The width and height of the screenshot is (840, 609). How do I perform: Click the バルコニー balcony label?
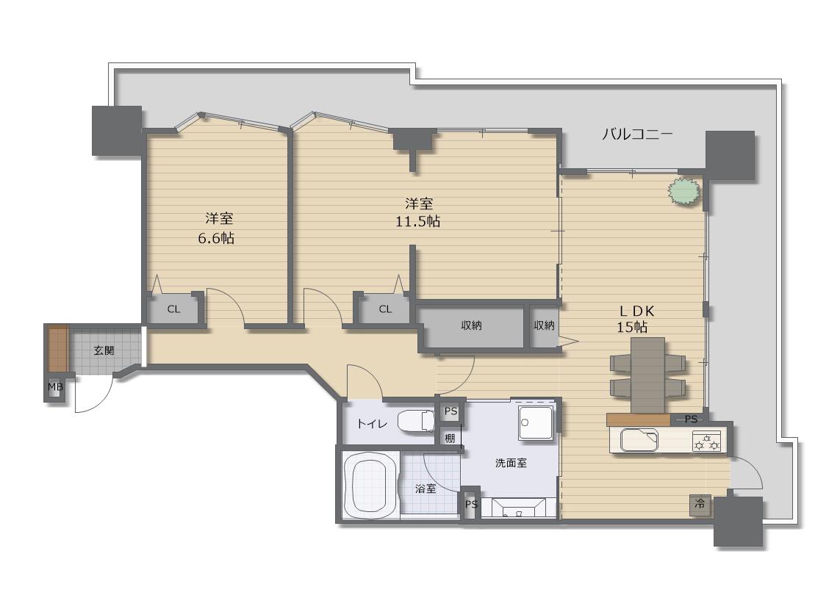click(637, 134)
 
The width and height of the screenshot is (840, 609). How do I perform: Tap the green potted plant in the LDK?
click(683, 191)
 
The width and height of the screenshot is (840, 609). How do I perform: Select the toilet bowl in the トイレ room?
click(416, 421)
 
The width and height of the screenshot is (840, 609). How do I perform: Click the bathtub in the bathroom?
click(370, 486)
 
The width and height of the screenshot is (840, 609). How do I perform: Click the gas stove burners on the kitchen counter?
click(706, 442)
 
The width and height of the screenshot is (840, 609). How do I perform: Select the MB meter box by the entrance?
click(55, 387)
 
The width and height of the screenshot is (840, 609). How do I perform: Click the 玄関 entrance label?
click(104, 351)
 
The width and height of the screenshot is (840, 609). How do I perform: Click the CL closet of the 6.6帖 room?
click(173, 309)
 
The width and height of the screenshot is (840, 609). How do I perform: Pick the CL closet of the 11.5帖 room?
click(385, 309)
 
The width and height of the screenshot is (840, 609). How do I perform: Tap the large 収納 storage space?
click(471, 325)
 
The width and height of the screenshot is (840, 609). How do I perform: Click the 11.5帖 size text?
click(418, 221)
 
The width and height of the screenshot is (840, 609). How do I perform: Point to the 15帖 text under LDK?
click(632, 327)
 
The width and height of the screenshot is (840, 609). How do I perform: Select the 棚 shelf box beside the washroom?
click(450, 439)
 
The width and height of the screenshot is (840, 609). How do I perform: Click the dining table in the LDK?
click(648, 375)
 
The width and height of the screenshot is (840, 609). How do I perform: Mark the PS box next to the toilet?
click(451, 411)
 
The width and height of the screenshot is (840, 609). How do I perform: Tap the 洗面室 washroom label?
click(511, 464)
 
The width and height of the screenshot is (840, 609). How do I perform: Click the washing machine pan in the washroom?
click(536, 422)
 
